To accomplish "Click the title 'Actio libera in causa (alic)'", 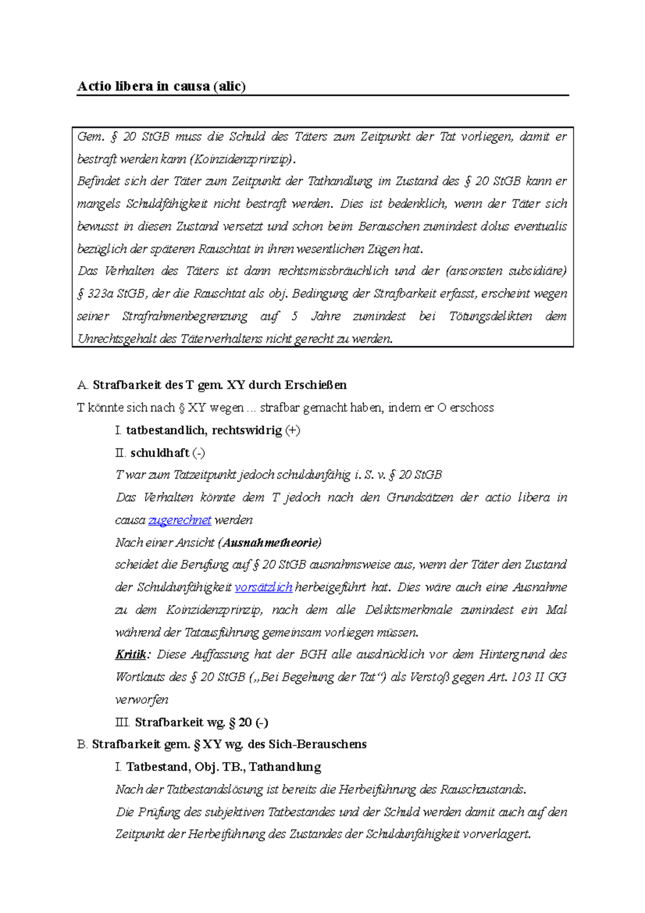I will point(161,87).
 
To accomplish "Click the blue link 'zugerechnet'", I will point(180,520).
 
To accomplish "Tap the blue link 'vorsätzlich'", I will point(263,588).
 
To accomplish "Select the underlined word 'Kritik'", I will point(131,655).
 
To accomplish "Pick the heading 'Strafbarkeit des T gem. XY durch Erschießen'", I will point(219,385).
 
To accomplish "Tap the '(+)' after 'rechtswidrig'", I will point(293,431).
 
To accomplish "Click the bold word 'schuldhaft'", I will point(160,453).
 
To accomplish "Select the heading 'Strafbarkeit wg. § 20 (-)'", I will point(201,723).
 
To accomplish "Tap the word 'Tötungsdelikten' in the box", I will point(490,317).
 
